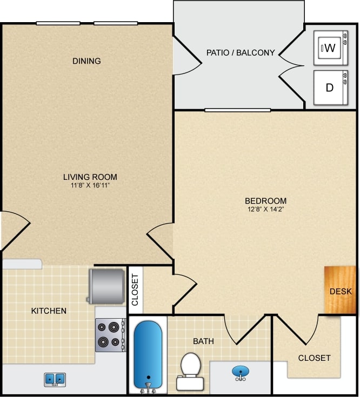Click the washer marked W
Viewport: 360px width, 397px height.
coord(330,48)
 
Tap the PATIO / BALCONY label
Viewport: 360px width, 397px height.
coord(241,53)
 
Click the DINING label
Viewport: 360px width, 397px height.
coord(86,61)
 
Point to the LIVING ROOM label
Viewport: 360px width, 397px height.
coord(90,177)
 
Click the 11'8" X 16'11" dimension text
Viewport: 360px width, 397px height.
coord(90,185)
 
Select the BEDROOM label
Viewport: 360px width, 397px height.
coord(265,201)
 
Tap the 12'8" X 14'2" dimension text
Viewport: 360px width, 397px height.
coord(265,209)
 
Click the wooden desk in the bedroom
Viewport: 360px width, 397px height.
coord(340,291)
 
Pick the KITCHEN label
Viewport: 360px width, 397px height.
coord(49,311)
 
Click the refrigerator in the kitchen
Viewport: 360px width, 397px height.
coord(106,286)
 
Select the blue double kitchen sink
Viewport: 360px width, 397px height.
coord(55,379)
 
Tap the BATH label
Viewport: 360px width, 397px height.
coord(203,341)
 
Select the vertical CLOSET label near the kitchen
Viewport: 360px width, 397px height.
coord(135,290)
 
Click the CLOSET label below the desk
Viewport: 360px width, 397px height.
coord(314,358)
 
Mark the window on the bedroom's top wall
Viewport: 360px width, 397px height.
coord(237,110)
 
